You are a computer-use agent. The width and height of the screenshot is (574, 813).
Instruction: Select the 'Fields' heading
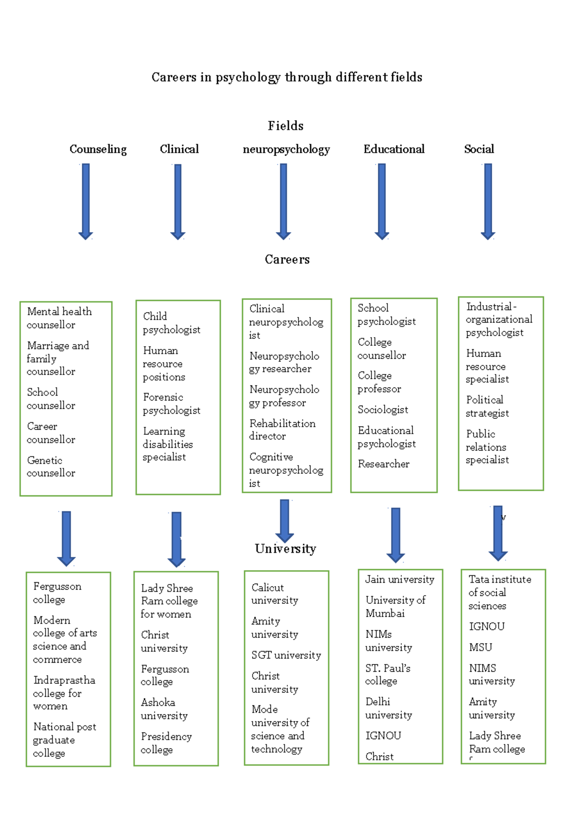tap(286, 126)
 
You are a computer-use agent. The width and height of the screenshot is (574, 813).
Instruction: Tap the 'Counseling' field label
tap(98, 149)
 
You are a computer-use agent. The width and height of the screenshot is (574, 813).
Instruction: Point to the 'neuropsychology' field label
tap(286, 149)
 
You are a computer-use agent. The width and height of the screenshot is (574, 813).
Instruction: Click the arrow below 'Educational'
tap(382, 201)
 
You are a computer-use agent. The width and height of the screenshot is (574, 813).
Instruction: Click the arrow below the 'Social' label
tap(488, 201)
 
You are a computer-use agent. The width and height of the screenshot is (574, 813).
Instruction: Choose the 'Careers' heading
tap(287, 260)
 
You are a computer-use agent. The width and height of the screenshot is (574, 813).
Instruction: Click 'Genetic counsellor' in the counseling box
tap(51, 467)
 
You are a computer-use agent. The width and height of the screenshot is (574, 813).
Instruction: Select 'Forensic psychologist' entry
tap(171, 404)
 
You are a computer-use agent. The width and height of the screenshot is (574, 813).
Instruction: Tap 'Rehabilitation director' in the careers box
tap(282, 430)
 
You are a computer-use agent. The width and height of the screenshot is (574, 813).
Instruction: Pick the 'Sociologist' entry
tap(383, 410)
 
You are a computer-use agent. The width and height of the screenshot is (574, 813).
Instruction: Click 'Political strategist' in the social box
tap(487, 406)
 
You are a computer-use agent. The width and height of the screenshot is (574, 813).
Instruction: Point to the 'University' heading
tap(286, 549)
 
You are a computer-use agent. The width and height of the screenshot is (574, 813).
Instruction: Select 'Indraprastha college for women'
tap(64, 693)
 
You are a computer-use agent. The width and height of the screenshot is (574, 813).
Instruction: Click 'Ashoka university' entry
tap(164, 709)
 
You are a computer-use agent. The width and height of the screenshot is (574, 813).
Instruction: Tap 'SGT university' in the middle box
tap(286, 655)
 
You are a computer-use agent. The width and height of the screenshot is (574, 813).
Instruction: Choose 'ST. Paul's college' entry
tap(387, 675)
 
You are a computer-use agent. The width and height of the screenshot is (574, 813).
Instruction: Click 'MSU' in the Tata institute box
tap(480, 647)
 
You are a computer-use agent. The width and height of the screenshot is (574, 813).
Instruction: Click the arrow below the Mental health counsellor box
tap(66, 538)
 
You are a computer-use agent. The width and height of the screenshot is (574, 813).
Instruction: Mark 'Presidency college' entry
tap(166, 743)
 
